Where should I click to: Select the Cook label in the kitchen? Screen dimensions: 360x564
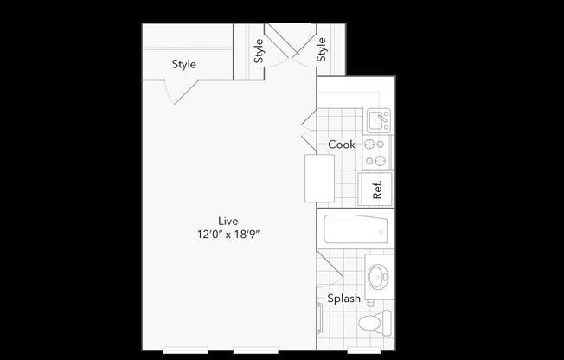tap(342, 145)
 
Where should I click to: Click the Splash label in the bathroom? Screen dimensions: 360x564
tap(343, 299)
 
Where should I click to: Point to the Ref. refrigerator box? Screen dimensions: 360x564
tap(377, 188)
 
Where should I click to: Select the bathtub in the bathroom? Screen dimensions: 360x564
tap(357, 231)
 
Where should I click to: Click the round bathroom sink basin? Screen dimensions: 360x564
tap(378, 277)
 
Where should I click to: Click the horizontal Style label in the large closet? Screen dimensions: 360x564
tap(183, 64)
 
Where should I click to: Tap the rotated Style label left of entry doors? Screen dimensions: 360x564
tap(259, 51)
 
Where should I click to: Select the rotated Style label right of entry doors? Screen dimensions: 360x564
tap(323, 51)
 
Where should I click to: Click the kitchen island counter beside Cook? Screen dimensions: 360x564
tap(319, 177)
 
